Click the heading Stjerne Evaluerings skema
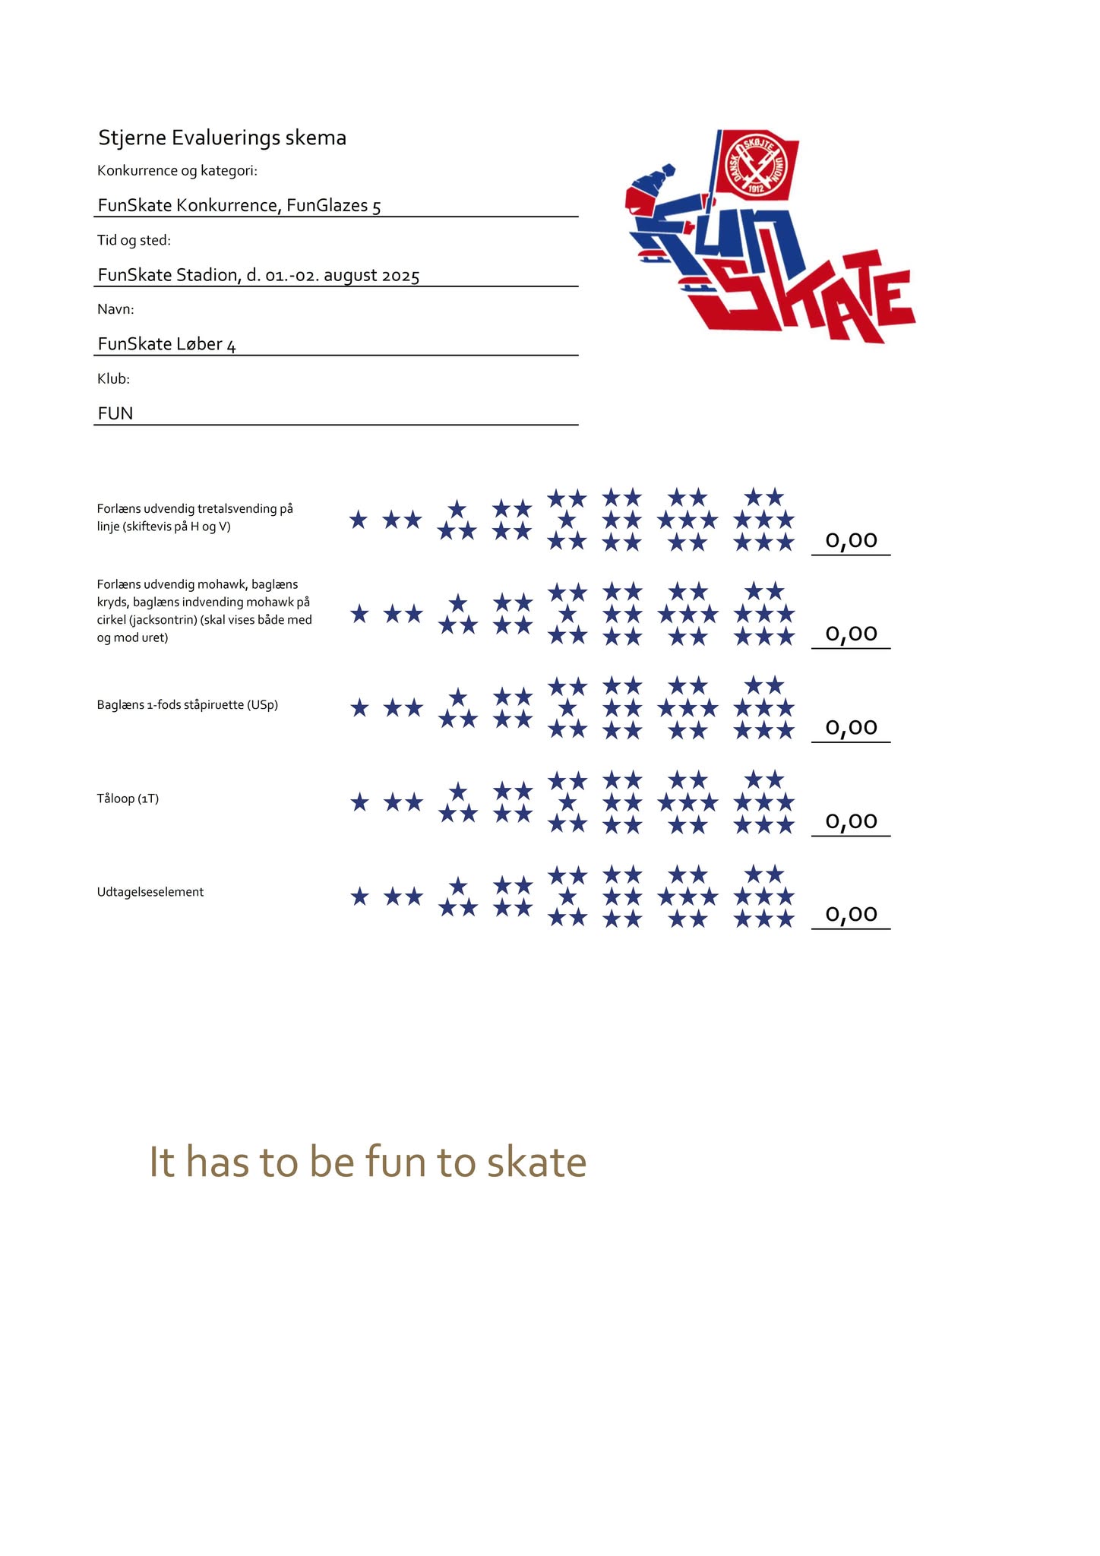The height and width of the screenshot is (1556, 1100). coord(222,138)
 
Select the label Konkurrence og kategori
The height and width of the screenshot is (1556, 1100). coord(177,171)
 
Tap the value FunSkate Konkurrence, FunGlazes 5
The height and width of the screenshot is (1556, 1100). coord(239,205)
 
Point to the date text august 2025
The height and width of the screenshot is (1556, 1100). coord(371,275)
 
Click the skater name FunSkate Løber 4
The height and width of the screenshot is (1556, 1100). coord(166,344)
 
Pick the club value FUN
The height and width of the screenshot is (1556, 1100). coord(115,413)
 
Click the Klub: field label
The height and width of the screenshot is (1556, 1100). coord(113,378)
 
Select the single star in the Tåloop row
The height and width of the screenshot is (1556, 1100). coord(359,802)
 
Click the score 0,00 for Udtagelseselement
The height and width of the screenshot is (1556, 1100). coord(851,914)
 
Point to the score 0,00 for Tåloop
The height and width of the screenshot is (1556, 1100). coord(851,821)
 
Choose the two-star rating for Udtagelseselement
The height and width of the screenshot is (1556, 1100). coord(403,897)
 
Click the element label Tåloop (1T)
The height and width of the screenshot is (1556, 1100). coord(128,799)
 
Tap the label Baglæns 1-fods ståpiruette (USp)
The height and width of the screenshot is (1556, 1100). coord(187,705)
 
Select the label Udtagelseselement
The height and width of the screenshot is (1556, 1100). coord(150,892)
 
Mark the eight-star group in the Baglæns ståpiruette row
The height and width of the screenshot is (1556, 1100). coord(763,708)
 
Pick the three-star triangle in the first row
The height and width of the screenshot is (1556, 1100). coord(457,521)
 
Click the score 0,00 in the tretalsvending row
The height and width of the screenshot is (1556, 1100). coord(851,540)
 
